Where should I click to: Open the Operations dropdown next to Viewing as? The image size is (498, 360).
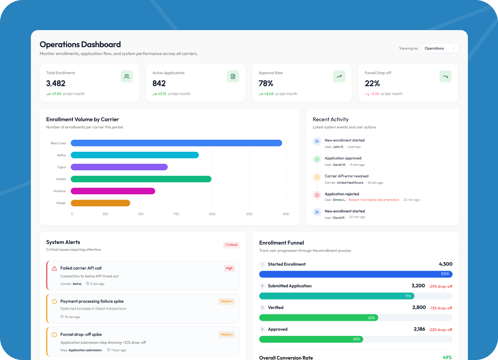click(x=440, y=48)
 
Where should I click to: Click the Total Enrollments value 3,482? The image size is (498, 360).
click(x=56, y=84)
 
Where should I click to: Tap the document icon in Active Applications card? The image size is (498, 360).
click(x=233, y=76)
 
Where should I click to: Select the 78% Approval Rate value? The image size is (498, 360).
click(x=266, y=84)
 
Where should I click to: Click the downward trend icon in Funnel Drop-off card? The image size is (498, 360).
click(x=445, y=76)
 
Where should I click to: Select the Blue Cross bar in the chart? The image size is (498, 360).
click(x=176, y=143)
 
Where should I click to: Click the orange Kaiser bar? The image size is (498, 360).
click(x=101, y=203)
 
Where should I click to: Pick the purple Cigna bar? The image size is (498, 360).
click(x=119, y=167)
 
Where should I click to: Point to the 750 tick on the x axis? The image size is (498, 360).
click(x=176, y=214)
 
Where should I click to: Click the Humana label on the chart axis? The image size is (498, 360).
click(x=60, y=191)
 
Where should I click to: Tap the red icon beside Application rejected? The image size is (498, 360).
click(x=317, y=195)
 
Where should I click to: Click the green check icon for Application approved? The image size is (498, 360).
click(x=317, y=159)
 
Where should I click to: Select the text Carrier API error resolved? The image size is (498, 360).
click(x=347, y=176)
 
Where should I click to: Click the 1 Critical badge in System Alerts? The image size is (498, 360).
click(x=231, y=245)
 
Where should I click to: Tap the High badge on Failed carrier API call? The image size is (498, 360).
click(x=229, y=268)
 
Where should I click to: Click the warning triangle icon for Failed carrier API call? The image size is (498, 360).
click(x=54, y=268)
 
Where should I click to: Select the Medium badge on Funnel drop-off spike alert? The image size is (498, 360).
click(x=226, y=334)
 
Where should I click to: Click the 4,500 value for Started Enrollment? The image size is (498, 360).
click(x=445, y=264)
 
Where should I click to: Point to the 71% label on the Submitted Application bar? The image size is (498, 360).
click(x=408, y=296)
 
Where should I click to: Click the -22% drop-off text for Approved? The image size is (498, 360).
click(x=440, y=330)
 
